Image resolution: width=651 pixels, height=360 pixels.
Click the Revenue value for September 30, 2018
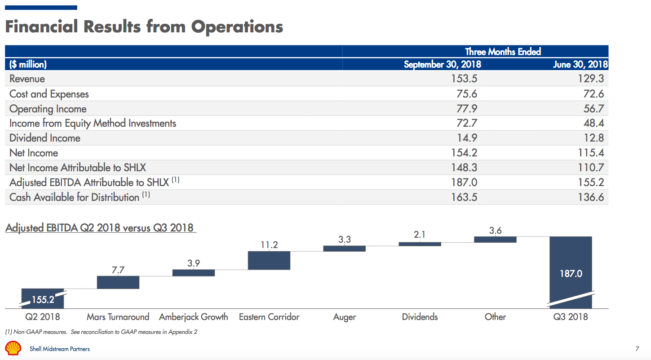(464, 79)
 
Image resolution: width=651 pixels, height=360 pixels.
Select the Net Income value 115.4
(591, 153)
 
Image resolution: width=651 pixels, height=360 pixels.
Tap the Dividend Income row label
(45, 138)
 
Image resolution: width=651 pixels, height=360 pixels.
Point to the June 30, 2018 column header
(580, 64)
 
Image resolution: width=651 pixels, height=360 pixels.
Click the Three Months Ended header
(503, 52)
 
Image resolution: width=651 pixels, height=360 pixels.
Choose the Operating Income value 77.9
(467, 109)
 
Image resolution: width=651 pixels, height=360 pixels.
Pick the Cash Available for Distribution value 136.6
(591, 197)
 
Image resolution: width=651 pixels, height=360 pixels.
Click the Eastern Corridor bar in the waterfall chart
(269, 260)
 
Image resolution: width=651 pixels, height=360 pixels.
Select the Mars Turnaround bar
(118, 282)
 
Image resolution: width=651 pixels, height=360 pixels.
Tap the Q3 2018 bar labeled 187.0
(571, 272)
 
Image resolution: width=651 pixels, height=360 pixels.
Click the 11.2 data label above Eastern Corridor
(269, 245)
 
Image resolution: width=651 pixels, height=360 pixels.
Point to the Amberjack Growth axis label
(194, 317)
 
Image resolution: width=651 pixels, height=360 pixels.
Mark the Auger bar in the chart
(345, 249)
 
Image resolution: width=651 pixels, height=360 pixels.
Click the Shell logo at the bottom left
(13, 348)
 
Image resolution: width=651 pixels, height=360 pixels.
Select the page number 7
(637, 349)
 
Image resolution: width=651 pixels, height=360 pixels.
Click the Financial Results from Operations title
(144, 27)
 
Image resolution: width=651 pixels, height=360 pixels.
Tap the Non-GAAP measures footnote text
(101, 332)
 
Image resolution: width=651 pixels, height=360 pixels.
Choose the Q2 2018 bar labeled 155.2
(43, 299)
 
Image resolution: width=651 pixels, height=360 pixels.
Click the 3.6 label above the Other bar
(495, 231)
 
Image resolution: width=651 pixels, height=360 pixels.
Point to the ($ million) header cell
(28, 64)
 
